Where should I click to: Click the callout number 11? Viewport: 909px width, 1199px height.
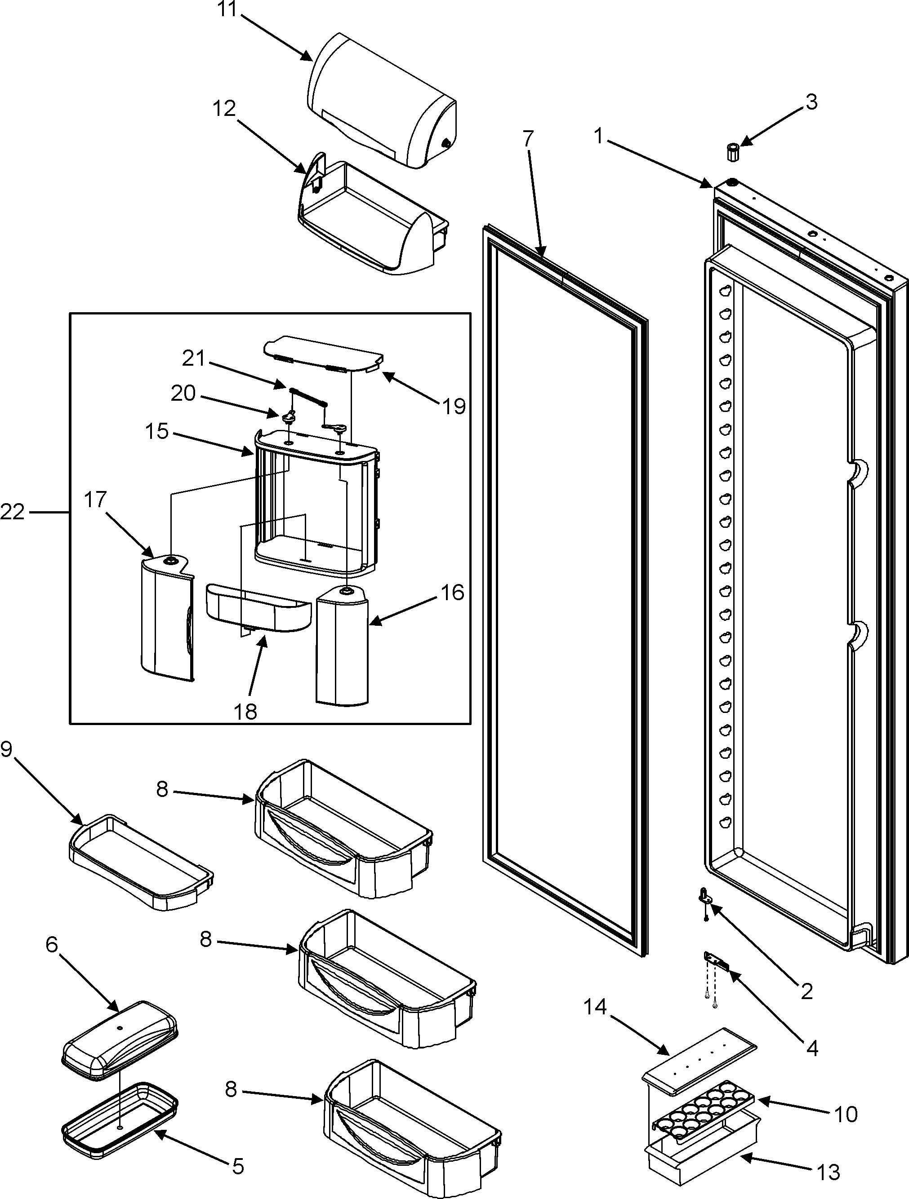coord(228,9)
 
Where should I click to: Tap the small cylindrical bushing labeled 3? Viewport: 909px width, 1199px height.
coord(733,152)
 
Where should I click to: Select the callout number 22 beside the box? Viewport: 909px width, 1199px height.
coord(12,511)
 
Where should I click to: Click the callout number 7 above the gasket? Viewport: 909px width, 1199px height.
coord(528,140)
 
